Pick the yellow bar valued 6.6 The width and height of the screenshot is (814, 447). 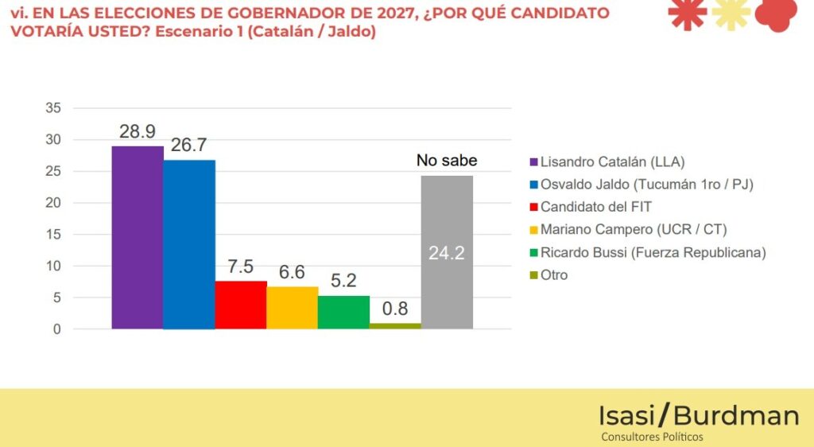[292, 308]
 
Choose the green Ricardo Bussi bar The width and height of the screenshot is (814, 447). [343, 312]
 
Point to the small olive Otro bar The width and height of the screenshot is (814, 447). [395, 326]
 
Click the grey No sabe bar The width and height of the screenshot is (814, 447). [447, 286]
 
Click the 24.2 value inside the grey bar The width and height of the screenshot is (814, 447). [447, 254]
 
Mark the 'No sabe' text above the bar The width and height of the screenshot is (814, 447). [447, 161]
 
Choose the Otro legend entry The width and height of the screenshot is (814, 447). [554, 275]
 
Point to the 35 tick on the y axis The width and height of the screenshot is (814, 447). [53, 108]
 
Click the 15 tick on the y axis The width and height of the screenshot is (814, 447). [53, 235]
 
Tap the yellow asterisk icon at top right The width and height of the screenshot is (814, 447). [731, 14]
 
